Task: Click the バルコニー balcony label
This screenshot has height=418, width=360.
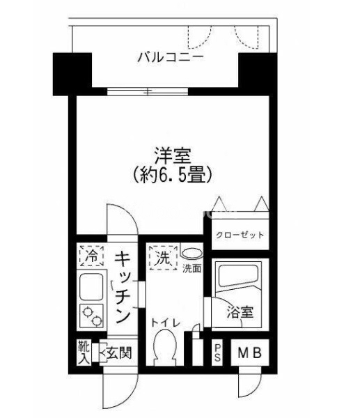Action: pyautogui.click(x=171, y=57)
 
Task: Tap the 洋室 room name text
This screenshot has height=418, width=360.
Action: pyautogui.click(x=173, y=155)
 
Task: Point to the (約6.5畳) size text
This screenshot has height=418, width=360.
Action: pyautogui.click(x=173, y=175)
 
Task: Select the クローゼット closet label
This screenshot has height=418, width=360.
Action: pyautogui.click(x=240, y=235)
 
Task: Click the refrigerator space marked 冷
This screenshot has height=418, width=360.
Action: pyautogui.click(x=91, y=256)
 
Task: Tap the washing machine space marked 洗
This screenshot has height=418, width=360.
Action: pyautogui.click(x=163, y=258)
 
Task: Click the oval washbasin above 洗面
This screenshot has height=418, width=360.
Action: pyautogui.click(x=191, y=253)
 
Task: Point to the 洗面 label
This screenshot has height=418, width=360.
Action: pyautogui.click(x=191, y=269)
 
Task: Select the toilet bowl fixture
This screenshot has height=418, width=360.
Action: pyautogui.click(x=165, y=347)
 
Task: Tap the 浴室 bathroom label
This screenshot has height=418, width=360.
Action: pyautogui.click(x=240, y=312)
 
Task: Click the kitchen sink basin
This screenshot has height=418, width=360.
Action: pyautogui.click(x=91, y=286)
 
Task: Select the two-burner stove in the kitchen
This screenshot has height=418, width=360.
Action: pyautogui.click(x=91, y=316)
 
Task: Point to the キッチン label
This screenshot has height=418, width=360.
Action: pyautogui.click(x=123, y=287)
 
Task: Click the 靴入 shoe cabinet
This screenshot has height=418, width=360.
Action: pyautogui.click(x=84, y=353)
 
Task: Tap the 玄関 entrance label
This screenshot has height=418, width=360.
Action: pyautogui.click(x=119, y=354)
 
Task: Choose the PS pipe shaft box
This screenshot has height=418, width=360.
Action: pyautogui.click(x=217, y=353)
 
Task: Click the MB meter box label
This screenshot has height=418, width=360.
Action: pyautogui.click(x=249, y=353)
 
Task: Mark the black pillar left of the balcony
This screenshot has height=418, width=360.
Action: pyautogui.click(x=72, y=74)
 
